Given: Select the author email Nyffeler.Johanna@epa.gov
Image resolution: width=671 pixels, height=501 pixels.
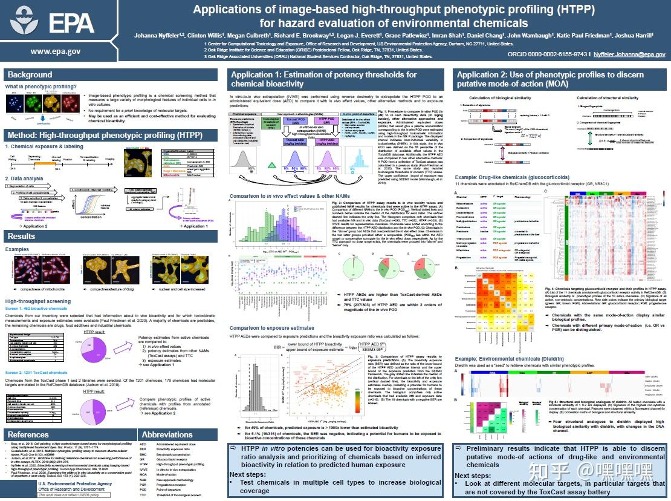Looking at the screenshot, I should pyautogui.click(x=621, y=54).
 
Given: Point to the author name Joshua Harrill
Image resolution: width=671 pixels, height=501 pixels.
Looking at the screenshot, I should pyautogui.click(x=632, y=35).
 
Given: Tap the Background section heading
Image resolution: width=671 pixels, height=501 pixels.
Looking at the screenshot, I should pyautogui.click(x=30, y=74).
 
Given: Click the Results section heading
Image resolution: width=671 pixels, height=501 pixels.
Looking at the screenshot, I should pyautogui.click(x=21, y=236).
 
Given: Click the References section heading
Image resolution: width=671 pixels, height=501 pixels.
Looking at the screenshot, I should pyautogui.click(x=28, y=434).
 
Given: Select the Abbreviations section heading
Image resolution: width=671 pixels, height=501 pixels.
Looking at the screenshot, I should pyautogui.click(x=167, y=434).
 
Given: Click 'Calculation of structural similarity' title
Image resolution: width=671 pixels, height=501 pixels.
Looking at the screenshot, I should pyautogui.click(x=607, y=97).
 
